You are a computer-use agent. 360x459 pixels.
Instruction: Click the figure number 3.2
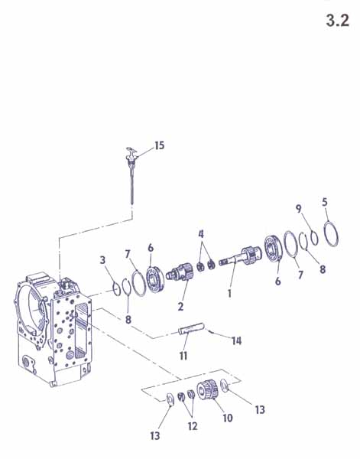pyautogui.click(x=338, y=21)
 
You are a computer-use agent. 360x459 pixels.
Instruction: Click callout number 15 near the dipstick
pyautogui.click(x=160, y=145)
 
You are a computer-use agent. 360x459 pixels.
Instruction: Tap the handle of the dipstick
pyautogui.click(x=131, y=152)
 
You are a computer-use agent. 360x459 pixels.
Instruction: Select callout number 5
pyautogui.click(x=325, y=202)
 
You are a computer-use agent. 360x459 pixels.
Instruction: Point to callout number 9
pyautogui.click(x=298, y=209)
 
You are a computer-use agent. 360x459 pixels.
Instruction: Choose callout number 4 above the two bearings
pyautogui.click(x=201, y=234)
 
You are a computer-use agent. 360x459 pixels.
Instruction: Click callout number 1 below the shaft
pyautogui.click(x=229, y=293)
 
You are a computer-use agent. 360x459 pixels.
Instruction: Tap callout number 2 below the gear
pyautogui.click(x=180, y=306)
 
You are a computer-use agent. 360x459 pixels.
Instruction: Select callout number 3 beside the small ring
pyautogui.click(x=102, y=259)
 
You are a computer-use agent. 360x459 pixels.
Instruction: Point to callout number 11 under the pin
pyautogui.click(x=183, y=356)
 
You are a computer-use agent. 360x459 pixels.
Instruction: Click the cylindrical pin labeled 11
pyautogui.click(x=191, y=329)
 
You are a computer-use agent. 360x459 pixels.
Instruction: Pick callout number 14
pyautogui.click(x=237, y=340)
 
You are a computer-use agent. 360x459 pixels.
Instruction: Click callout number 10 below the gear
pyautogui.click(x=227, y=418)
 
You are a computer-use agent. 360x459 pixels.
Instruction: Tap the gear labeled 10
pyautogui.click(x=207, y=390)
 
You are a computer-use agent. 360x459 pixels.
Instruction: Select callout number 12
pyautogui.click(x=193, y=426)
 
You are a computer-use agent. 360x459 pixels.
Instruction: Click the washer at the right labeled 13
pyautogui.click(x=225, y=386)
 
